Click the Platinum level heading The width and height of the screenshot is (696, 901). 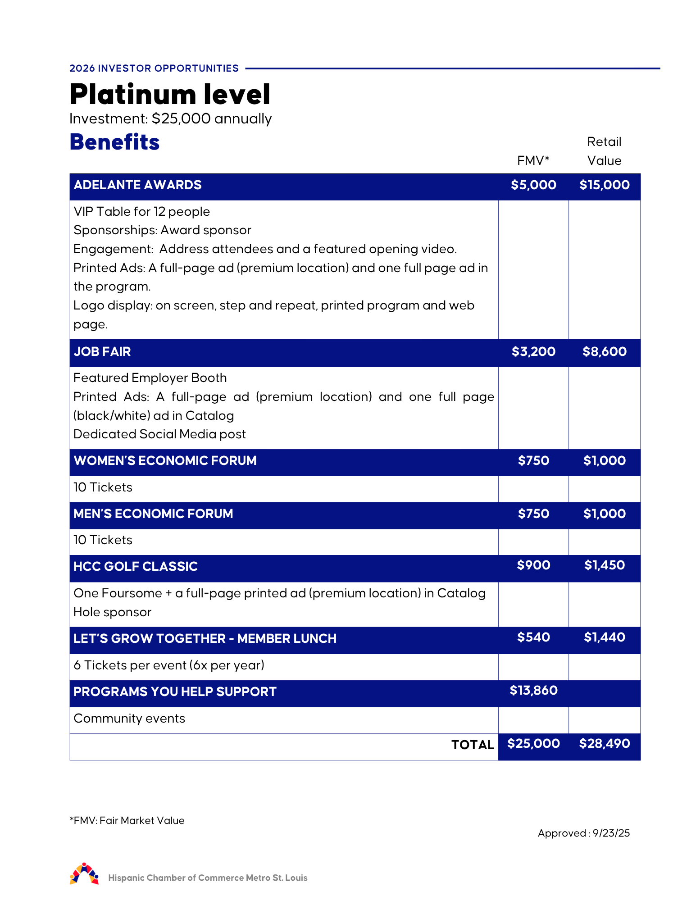[170, 95]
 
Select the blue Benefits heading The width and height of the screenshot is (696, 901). [115, 142]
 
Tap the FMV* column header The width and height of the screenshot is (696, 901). [533, 161]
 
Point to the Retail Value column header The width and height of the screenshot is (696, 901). [604, 151]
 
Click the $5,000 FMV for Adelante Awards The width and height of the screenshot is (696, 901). [533, 185]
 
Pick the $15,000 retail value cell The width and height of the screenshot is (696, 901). [605, 185]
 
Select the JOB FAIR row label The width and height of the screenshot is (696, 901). [102, 352]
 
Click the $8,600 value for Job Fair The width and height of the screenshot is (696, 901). [605, 352]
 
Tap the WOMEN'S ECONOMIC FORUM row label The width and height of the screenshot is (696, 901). [165, 461]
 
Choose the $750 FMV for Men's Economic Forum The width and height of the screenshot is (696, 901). [533, 514]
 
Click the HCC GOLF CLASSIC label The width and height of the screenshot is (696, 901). [136, 567]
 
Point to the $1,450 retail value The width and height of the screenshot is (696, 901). [605, 565]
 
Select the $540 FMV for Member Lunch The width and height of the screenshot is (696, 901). [533, 637]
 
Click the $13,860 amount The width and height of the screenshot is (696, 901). [533, 691]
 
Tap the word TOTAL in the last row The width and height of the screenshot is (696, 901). [473, 745]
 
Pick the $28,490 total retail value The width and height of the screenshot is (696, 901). [605, 744]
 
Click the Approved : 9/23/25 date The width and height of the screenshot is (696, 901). [584, 833]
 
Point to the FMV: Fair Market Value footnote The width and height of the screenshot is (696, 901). [127, 821]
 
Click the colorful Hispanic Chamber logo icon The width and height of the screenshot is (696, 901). [84, 874]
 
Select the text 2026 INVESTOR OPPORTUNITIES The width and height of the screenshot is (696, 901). [154, 68]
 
